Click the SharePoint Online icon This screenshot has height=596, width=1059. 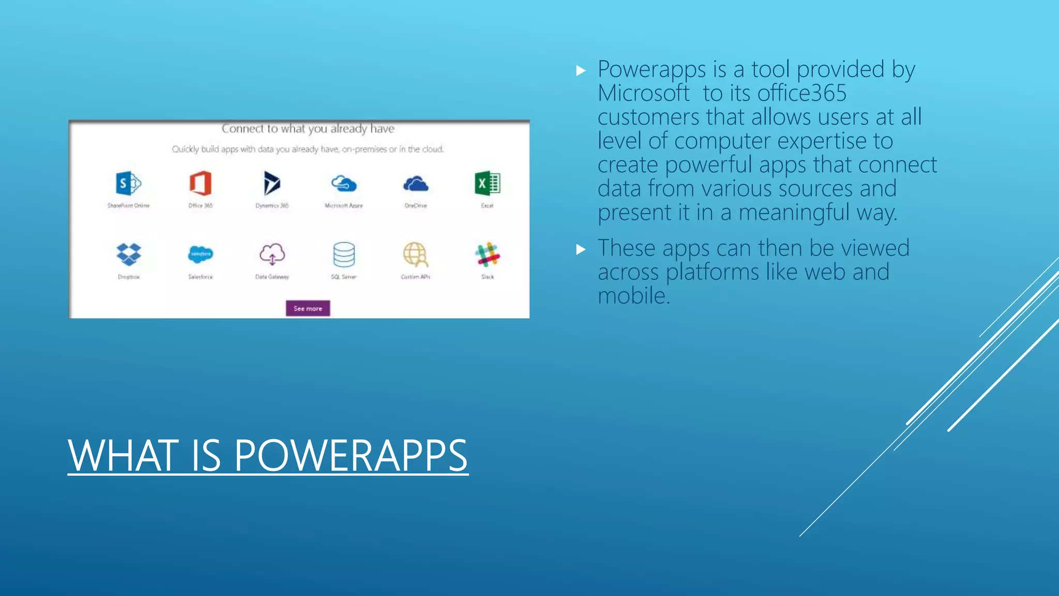[x=128, y=183]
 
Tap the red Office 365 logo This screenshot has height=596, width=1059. [x=201, y=183]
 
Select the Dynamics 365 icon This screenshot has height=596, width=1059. [x=272, y=183]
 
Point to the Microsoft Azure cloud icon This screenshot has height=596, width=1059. [x=344, y=184]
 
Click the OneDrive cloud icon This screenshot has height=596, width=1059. [x=416, y=184]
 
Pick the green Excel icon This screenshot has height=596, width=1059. [x=487, y=183]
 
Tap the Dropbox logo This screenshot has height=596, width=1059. [x=129, y=254]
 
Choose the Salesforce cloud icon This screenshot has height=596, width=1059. [x=201, y=254]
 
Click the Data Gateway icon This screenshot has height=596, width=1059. [x=272, y=254]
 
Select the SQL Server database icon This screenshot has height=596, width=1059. [x=344, y=254]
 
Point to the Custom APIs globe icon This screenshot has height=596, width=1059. [x=416, y=254]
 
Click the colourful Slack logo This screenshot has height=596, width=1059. [x=487, y=255]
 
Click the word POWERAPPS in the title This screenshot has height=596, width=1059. [x=351, y=456]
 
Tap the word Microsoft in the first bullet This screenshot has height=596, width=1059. [x=643, y=94]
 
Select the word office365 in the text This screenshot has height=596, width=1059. [x=802, y=94]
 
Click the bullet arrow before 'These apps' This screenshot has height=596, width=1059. [x=581, y=250]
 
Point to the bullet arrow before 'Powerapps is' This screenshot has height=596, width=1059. [x=581, y=71]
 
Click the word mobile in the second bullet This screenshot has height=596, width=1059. [x=633, y=296]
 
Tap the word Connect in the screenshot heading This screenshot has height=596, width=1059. [x=243, y=128]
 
